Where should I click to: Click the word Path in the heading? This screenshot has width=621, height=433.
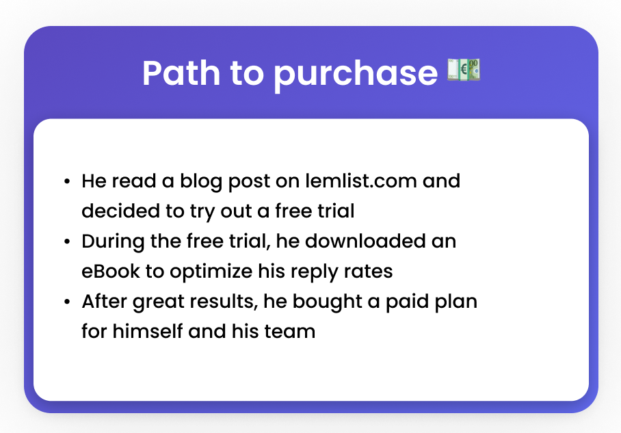point(181,73)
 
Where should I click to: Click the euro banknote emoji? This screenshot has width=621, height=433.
point(464,70)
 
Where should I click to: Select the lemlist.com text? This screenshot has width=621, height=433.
point(361,181)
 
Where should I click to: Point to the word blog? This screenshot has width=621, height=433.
point(201,182)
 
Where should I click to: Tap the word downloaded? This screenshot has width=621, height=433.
point(365,241)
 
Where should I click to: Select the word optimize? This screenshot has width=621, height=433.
point(211,272)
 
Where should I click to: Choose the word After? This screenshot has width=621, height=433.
point(105,302)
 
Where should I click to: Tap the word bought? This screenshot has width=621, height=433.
point(328,302)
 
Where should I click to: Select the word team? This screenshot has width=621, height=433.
point(290,332)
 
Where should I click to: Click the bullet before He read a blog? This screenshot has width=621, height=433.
point(67,182)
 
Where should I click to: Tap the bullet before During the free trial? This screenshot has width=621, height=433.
point(67,241)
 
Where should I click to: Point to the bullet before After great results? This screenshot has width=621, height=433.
point(67,302)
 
